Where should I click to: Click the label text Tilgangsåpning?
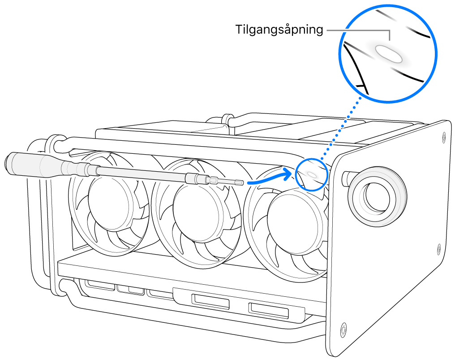coord(279,30)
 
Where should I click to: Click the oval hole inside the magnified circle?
coord(389,54)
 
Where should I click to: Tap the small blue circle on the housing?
coord(311,174)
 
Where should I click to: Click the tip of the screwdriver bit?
coord(242,183)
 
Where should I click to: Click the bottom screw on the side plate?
coord(343,329)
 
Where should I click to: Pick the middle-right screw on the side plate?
coord(438,246)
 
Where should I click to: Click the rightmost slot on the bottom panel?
coord(268,309)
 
